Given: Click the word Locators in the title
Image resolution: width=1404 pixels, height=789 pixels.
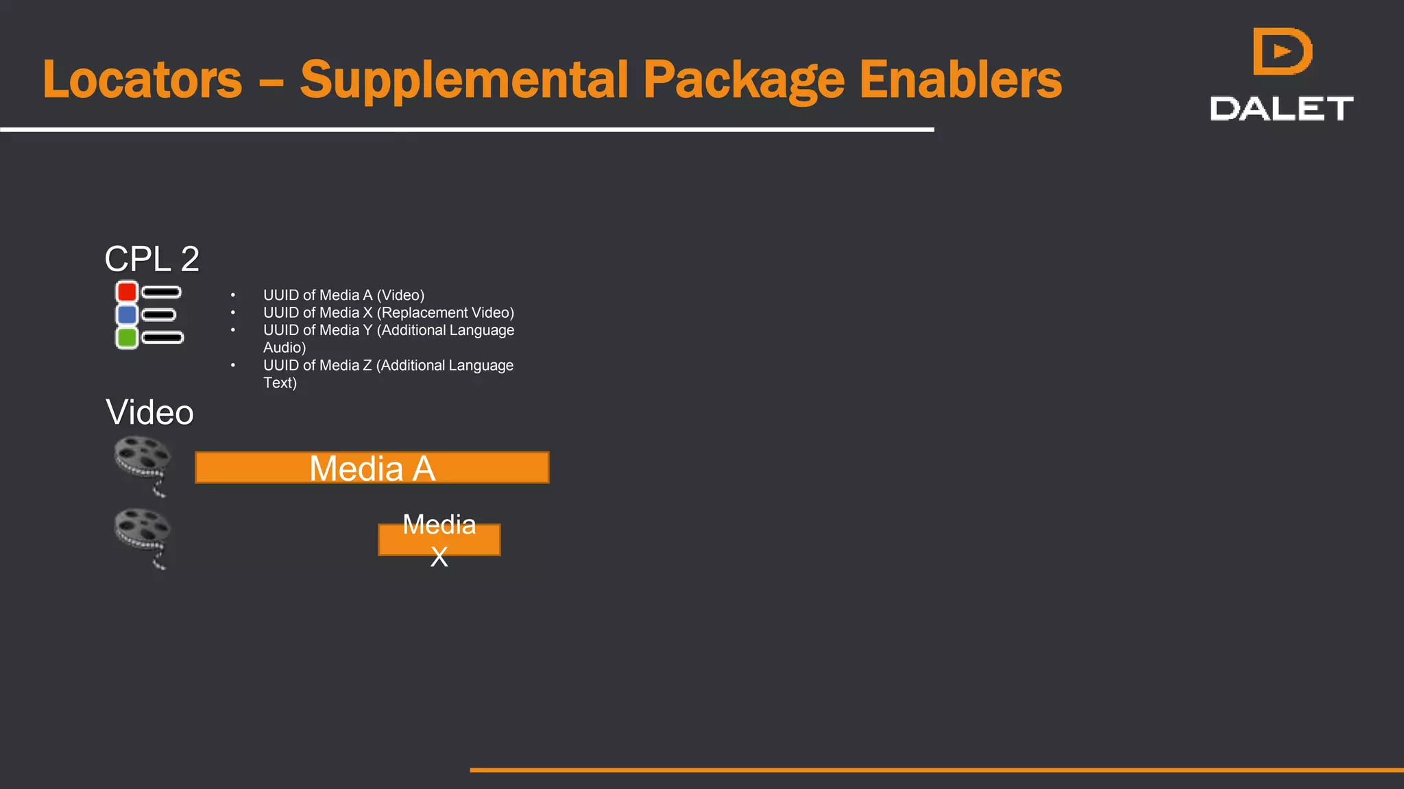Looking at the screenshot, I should click(143, 80).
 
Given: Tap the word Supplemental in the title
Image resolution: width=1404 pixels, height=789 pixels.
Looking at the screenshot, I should click(464, 80).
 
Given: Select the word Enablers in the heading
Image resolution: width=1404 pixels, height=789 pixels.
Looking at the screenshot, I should click(960, 80).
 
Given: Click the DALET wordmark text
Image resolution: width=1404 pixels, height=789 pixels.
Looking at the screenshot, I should click(1281, 109).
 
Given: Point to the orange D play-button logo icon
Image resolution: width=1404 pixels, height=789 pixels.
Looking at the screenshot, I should click(1282, 51).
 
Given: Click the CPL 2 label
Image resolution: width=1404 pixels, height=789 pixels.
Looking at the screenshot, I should click(152, 259).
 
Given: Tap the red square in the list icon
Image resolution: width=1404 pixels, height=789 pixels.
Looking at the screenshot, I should click(127, 292).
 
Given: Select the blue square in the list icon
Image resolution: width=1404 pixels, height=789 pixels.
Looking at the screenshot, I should click(127, 314).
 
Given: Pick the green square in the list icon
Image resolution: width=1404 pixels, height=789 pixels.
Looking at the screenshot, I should click(127, 338).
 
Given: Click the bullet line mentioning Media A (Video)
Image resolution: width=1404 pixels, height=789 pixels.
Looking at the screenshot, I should click(343, 295).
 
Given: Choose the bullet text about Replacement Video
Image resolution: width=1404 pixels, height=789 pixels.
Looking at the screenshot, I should click(388, 313).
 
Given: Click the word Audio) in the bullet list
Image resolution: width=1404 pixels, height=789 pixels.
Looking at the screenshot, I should click(285, 348).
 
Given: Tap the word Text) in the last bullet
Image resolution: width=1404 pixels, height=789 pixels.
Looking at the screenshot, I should click(280, 383).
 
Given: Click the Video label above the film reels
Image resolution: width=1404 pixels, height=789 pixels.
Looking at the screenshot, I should click(149, 412).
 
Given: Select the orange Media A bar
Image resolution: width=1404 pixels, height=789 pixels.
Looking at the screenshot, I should click(372, 468).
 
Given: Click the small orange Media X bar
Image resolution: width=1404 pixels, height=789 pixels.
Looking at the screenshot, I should click(439, 540).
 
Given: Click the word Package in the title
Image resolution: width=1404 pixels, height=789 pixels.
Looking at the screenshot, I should click(744, 80).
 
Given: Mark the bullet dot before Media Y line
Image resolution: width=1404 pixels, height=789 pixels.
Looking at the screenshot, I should click(233, 330).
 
